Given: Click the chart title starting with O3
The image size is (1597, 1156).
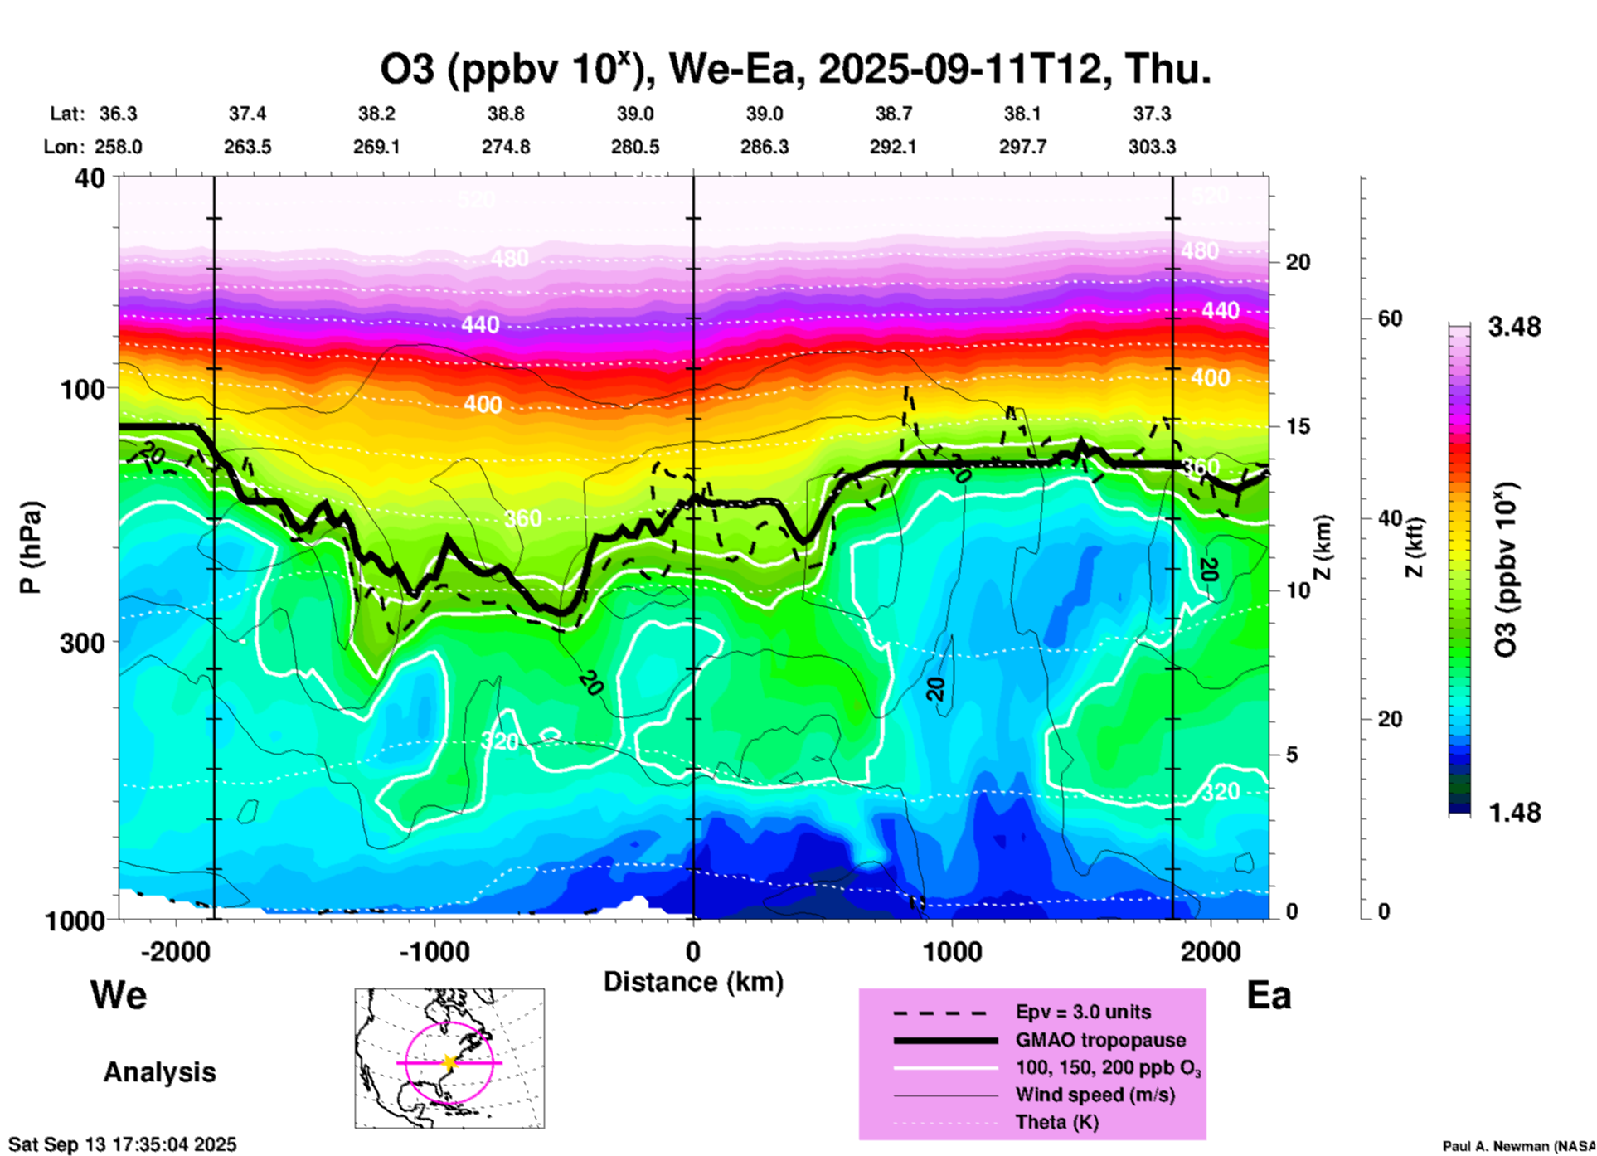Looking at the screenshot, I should (794, 70).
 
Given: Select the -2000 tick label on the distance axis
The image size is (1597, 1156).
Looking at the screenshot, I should (176, 952).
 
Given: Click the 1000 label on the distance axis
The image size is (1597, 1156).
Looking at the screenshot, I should (952, 952).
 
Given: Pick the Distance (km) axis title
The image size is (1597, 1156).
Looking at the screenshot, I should (693, 983).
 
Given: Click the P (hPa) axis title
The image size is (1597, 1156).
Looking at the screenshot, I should (31, 547).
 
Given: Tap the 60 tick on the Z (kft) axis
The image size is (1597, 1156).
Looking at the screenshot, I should (1391, 319).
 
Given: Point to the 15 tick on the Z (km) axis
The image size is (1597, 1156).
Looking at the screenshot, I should (1298, 427).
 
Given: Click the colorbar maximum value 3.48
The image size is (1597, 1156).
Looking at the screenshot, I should (1514, 328).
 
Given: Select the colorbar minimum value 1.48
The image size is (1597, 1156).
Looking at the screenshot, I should (1514, 813).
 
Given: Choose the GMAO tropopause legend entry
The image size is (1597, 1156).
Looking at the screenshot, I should (1100, 1040).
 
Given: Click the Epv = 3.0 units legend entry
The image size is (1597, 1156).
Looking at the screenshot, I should (1083, 1013).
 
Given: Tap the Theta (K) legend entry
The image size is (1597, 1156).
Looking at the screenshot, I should (1057, 1123).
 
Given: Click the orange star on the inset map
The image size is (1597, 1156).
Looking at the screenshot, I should (449, 1062).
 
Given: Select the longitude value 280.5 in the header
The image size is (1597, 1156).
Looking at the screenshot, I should (635, 148).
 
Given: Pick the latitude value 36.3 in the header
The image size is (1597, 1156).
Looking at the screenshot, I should (119, 114).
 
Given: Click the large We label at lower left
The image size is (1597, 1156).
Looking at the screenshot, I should (119, 995).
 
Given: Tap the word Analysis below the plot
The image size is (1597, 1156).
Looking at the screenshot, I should (159, 1072).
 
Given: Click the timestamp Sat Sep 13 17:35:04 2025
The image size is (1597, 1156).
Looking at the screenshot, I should (123, 1144).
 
